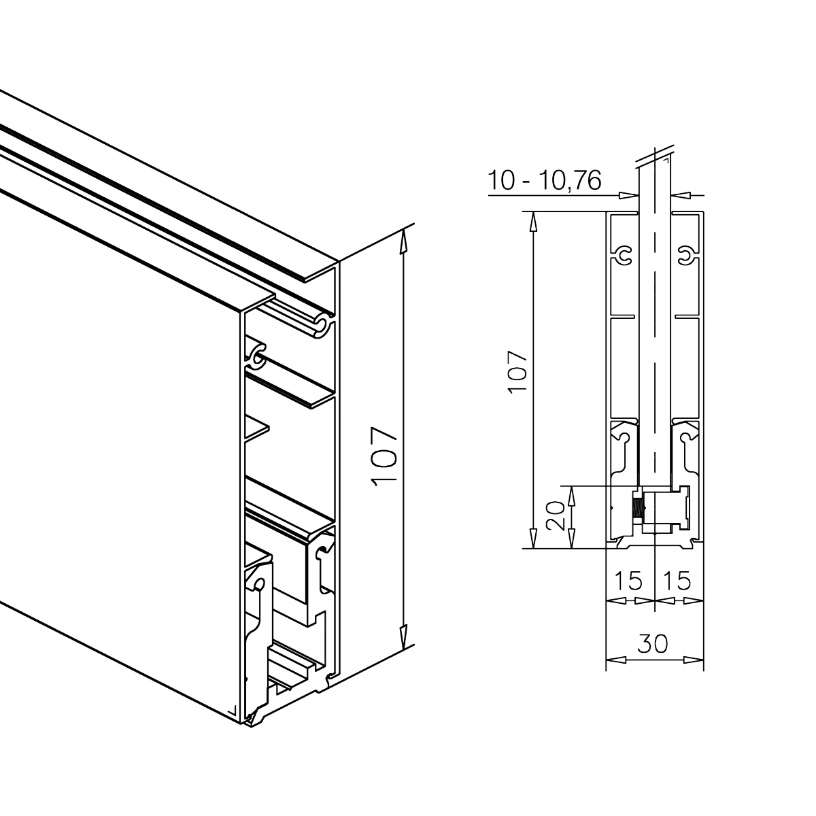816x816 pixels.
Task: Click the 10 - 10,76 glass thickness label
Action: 545,180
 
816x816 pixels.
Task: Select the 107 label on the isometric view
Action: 384,456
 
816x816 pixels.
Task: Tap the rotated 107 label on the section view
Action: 517,372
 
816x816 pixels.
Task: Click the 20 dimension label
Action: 555,515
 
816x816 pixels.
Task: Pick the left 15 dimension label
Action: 628,581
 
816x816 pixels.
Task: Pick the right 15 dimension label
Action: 677,581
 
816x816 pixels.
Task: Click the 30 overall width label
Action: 653,644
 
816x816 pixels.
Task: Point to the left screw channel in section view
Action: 624,256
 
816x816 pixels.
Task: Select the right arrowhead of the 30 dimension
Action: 694,660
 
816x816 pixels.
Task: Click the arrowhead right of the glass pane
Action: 680,195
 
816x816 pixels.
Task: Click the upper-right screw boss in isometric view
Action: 323,326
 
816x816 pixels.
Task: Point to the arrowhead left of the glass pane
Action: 628,195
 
